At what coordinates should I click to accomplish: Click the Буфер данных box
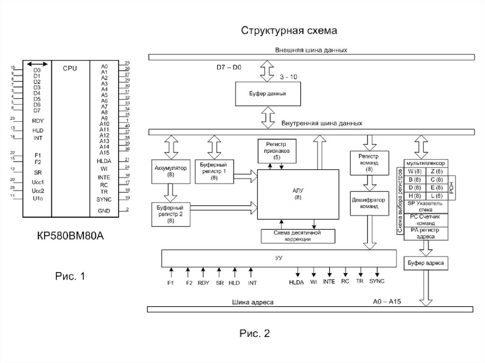(268, 94)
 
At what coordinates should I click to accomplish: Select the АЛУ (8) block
(298, 193)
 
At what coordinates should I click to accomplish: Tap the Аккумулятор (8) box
(171, 171)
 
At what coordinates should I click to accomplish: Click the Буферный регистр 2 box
(171, 214)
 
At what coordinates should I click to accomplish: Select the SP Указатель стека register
(424, 206)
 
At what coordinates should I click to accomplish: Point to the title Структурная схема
(289, 31)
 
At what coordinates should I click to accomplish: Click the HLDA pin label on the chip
(104, 161)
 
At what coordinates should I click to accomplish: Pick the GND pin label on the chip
(104, 211)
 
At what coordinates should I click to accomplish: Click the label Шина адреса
(252, 301)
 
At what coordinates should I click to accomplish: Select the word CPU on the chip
(70, 68)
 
